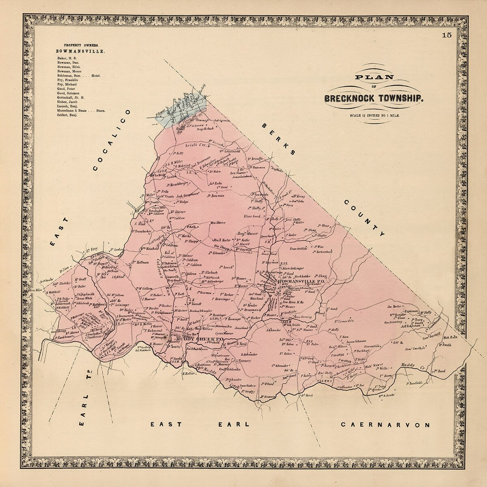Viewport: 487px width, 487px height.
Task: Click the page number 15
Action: (447, 35)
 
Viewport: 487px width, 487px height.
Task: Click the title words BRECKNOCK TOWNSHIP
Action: (373, 98)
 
